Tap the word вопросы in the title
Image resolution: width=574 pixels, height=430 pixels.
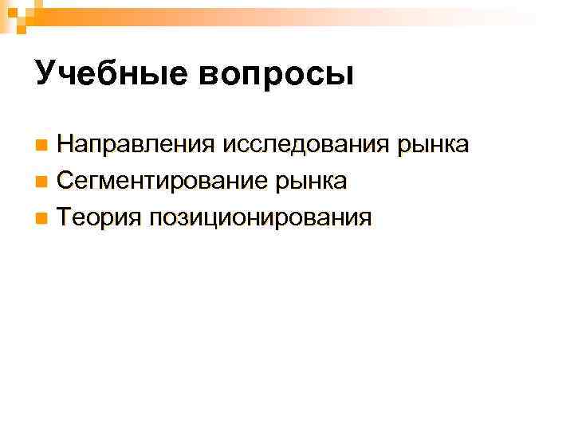[x=272, y=75]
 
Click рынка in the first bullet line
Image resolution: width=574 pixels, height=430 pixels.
[x=434, y=147]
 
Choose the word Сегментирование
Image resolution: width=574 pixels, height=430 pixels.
[x=160, y=182]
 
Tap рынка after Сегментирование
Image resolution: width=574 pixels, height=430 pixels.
[x=310, y=182]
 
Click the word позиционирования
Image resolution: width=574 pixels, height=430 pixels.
[x=260, y=218]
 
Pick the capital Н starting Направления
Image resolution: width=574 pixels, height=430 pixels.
[x=65, y=146]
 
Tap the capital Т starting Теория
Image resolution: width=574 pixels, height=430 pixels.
[x=65, y=217]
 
